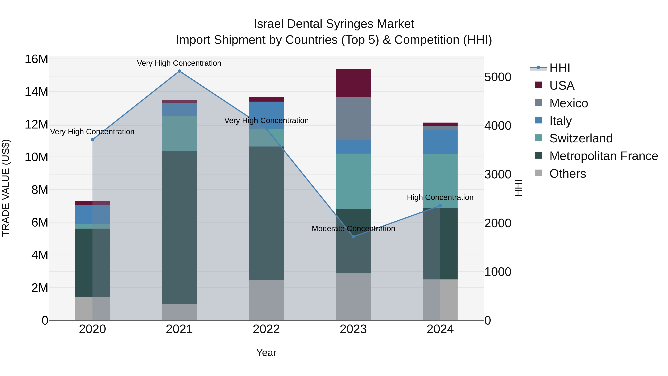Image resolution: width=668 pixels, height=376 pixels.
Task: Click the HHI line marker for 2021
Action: pos(179,71)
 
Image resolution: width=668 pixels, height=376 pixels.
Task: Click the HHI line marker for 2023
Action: pos(353,236)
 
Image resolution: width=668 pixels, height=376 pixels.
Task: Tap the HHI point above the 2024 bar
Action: pos(440,206)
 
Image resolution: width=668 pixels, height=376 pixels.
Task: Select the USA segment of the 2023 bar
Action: pos(353,83)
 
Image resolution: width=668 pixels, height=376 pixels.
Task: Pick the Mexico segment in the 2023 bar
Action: pos(353,119)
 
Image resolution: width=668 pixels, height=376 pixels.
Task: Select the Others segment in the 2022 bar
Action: pos(266,300)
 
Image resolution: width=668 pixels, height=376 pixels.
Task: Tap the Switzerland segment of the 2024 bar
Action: pos(440,181)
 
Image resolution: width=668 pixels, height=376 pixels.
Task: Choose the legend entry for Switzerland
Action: pos(581,138)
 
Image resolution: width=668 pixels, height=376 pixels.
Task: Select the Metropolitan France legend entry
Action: pos(603,156)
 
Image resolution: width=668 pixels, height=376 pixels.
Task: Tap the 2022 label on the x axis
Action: pos(266,329)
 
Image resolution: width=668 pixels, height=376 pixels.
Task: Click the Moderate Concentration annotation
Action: pos(353,229)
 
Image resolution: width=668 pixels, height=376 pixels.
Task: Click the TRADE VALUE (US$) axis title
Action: pos(6,188)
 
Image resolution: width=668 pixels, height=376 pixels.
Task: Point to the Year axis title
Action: pos(266,353)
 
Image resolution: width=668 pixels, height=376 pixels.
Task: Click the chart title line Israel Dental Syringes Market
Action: pos(334,24)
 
